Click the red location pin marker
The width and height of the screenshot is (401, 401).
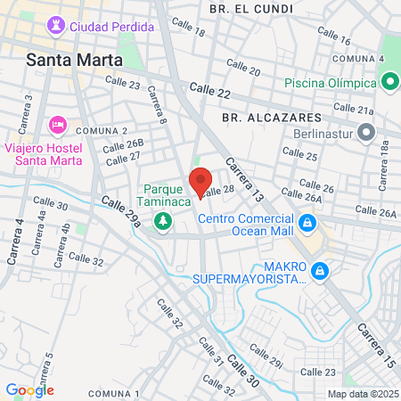point(200,182)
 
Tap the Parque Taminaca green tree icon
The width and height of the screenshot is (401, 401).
point(163,220)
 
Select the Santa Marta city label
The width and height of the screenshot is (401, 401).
point(70,61)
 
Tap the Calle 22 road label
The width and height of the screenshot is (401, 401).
point(210,91)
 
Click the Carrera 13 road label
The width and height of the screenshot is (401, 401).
point(245,178)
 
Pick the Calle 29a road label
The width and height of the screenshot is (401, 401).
point(121,212)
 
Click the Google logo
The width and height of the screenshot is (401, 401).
point(29,389)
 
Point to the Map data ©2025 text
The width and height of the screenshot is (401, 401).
point(363,394)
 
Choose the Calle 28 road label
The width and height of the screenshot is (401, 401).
point(217,191)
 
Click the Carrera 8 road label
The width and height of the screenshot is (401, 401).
point(157,104)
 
